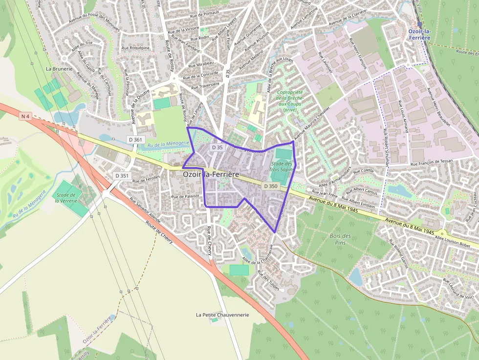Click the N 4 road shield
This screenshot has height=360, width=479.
[x=25, y=116]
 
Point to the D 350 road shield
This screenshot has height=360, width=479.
[x=270, y=186]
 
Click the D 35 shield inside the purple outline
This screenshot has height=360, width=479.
[x=217, y=147]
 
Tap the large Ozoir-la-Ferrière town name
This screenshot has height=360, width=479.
[x=211, y=174]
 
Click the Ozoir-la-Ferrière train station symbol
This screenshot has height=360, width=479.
[x=419, y=24]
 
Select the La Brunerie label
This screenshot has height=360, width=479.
[x=59, y=69]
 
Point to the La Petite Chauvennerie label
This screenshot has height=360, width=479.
[x=222, y=315]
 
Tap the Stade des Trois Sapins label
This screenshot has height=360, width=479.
[x=282, y=167]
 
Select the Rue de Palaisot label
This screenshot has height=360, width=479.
[x=186, y=196]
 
